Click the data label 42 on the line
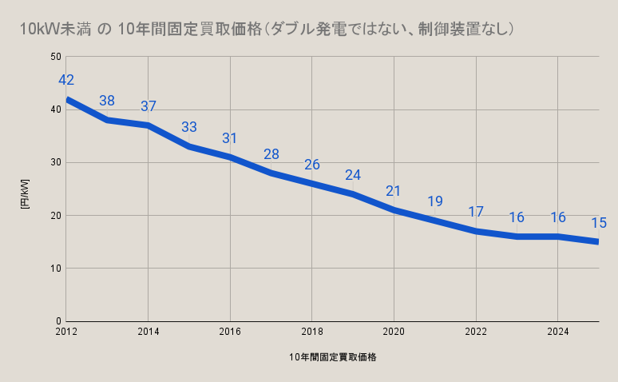point(66,80)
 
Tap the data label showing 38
point(107,101)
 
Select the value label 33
point(189,127)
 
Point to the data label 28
point(271,154)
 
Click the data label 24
point(353,175)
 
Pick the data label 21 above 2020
point(394,191)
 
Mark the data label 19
point(434,201)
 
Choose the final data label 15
point(599,223)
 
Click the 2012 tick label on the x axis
point(66,331)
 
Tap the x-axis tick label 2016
point(230,331)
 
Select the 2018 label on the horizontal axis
point(312,331)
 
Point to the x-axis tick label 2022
point(476,331)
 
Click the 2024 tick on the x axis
point(557,331)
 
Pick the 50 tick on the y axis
point(56,57)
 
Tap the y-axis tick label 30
point(56,162)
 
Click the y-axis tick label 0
point(58,321)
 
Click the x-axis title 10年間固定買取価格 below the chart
point(333,357)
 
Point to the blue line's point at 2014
point(149,125)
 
